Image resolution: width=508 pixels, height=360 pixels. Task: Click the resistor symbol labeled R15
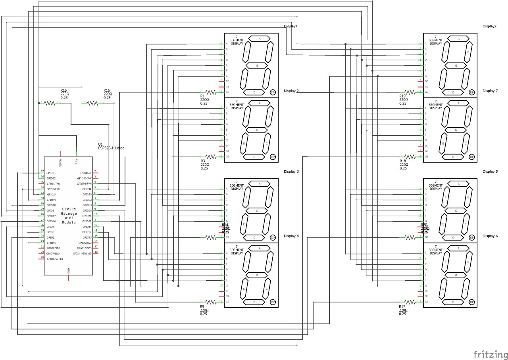click(x=50, y=103)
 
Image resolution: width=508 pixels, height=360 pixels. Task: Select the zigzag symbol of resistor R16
click(x=92, y=103)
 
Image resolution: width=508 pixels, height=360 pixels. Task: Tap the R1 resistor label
click(x=202, y=96)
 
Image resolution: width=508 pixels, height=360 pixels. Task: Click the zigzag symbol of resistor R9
click(x=211, y=302)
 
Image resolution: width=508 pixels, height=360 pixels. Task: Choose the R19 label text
click(x=402, y=96)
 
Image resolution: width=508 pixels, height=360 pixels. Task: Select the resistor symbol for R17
click(x=410, y=302)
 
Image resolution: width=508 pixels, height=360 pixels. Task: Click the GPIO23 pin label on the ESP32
click(x=51, y=173)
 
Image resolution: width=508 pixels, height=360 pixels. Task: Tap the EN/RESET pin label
click(x=86, y=173)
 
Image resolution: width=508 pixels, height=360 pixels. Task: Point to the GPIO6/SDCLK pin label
click(x=55, y=259)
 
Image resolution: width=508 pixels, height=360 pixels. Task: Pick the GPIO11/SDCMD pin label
click(x=82, y=253)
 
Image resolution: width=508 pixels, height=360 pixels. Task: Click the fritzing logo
click(x=490, y=354)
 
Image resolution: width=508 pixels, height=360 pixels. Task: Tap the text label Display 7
click(x=490, y=91)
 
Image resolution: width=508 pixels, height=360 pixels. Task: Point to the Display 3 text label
click(x=291, y=171)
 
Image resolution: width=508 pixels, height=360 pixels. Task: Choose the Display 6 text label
click(x=490, y=236)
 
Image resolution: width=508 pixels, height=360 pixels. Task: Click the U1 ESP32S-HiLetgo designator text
click(x=111, y=146)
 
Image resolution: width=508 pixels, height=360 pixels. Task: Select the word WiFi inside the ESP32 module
click(x=69, y=218)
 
